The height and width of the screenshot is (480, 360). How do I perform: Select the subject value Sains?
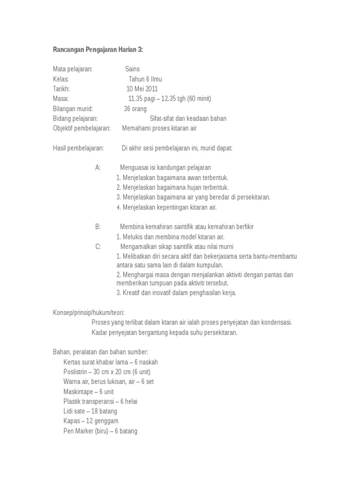click(x=132, y=69)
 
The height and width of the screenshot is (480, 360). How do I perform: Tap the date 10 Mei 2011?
click(x=142, y=89)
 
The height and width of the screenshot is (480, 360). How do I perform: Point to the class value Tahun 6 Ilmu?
click(x=145, y=79)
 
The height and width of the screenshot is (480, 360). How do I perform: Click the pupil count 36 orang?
click(x=135, y=108)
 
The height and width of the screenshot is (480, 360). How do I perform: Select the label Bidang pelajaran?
click(x=75, y=118)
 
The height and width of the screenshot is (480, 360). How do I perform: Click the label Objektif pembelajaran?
click(x=82, y=128)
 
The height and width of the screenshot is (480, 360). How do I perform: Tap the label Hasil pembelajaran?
click(x=78, y=148)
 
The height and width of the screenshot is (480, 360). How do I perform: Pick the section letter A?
click(x=98, y=167)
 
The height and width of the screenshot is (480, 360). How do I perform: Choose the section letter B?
click(x=98, y=226)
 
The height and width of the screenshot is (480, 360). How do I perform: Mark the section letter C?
click(x=98, y=247)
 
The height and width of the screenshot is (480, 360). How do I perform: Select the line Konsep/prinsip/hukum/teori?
click(x=89, y=313)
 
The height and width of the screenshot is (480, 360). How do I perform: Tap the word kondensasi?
click(x=276, y=322)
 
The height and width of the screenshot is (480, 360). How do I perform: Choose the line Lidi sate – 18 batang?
click(x=90, y=411)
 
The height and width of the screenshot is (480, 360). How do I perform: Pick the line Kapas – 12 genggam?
click(x=91, y=421)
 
